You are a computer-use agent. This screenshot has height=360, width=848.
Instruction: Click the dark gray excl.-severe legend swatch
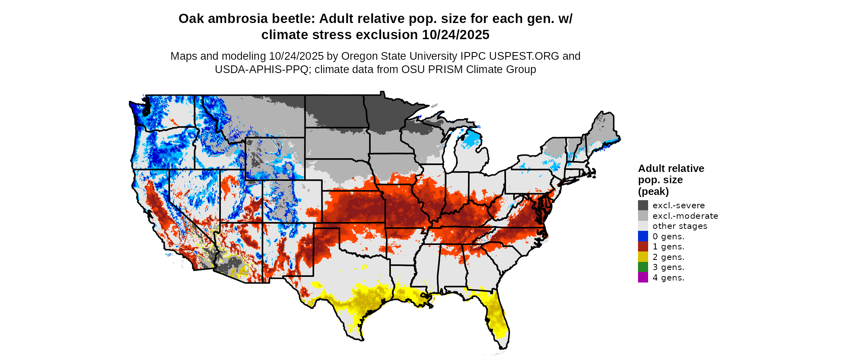click(643, 205)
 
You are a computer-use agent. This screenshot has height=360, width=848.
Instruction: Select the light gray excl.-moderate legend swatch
click(643, 216)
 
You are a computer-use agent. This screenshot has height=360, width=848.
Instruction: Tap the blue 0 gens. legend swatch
click(643, 236)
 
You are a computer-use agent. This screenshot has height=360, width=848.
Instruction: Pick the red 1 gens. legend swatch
click(643, 247)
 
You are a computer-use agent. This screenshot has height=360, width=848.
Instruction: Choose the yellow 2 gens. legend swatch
click(643, 257)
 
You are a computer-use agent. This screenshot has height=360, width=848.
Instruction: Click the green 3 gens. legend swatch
click(643, 267)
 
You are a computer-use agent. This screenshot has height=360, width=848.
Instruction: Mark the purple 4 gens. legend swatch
click(643, 278)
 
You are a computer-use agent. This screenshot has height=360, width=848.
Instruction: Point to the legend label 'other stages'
click(680, 226)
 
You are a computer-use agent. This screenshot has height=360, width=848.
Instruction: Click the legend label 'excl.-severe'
click(678, 205)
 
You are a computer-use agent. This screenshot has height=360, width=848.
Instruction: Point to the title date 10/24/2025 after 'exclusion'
click(455, 35)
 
